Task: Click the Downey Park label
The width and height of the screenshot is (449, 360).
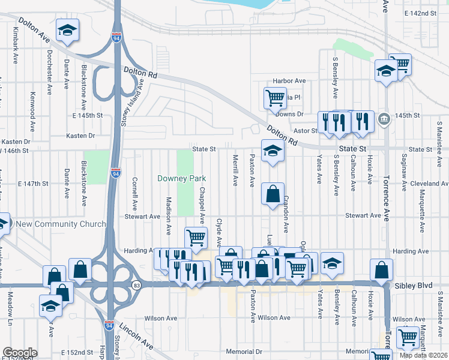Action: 182,178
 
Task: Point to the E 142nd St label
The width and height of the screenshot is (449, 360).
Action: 420,13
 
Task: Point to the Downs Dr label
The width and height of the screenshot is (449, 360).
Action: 292,113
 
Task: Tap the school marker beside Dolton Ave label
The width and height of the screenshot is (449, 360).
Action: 68,30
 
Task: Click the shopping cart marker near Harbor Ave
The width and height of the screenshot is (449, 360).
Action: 275,98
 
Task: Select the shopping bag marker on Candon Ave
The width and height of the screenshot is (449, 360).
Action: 273,194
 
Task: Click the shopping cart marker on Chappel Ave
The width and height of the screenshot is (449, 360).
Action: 196,238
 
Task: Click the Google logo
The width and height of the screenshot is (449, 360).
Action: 20,353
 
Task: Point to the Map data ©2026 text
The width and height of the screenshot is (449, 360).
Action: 423,355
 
